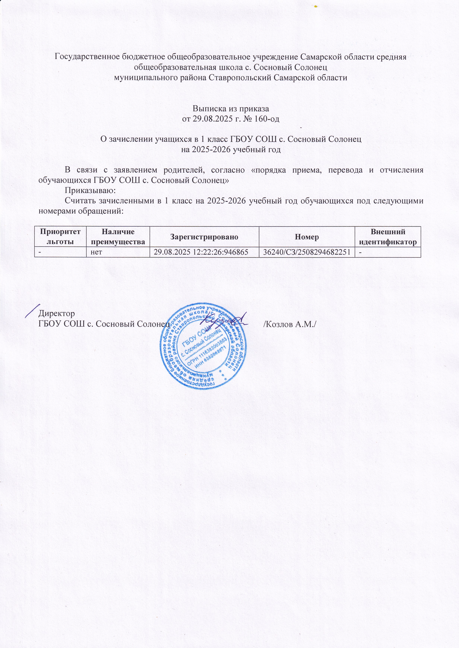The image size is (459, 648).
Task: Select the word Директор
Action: coord(57,313)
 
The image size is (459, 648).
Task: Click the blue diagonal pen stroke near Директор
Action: coord(32,310)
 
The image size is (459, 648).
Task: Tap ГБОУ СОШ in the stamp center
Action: coord(195,337)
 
